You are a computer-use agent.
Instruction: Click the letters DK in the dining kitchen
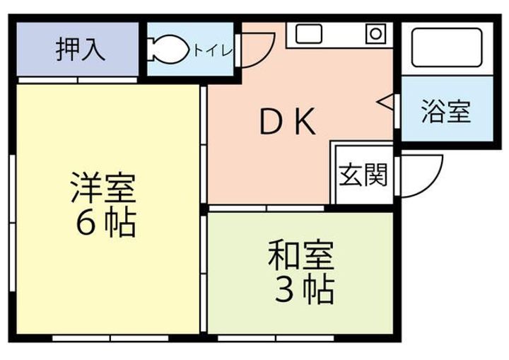(286, 124)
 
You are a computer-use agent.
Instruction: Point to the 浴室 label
(446, 112)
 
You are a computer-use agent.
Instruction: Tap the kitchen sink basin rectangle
(309, 33)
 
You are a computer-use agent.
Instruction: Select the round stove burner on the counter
(373, 33)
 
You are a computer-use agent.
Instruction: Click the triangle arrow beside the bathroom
(386, 103)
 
